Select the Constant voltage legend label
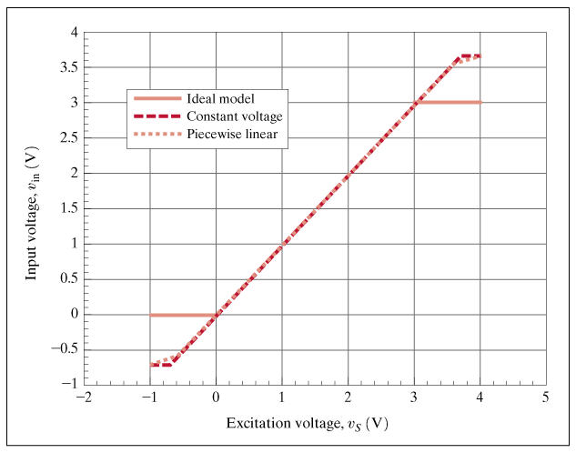[x=235, y=116]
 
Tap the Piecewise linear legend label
[x=232, y=135]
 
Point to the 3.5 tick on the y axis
[x=67, y=68]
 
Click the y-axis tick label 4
[x=73, y=33]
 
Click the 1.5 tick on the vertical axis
[x=67, y=209]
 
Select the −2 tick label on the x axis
[x=83, y=398]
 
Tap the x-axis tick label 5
[x=546, y=398]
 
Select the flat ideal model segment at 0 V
[x=182, y=315]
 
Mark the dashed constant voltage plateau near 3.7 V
[x=470, y=56]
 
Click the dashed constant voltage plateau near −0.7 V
[x=161, y=365]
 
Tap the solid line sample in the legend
[x=157, y=98]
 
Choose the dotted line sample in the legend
[x=157, y=135]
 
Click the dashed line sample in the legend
[x=157, y=116]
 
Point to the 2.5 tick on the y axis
[x=67, y=138]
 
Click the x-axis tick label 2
[x=348, y=398]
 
